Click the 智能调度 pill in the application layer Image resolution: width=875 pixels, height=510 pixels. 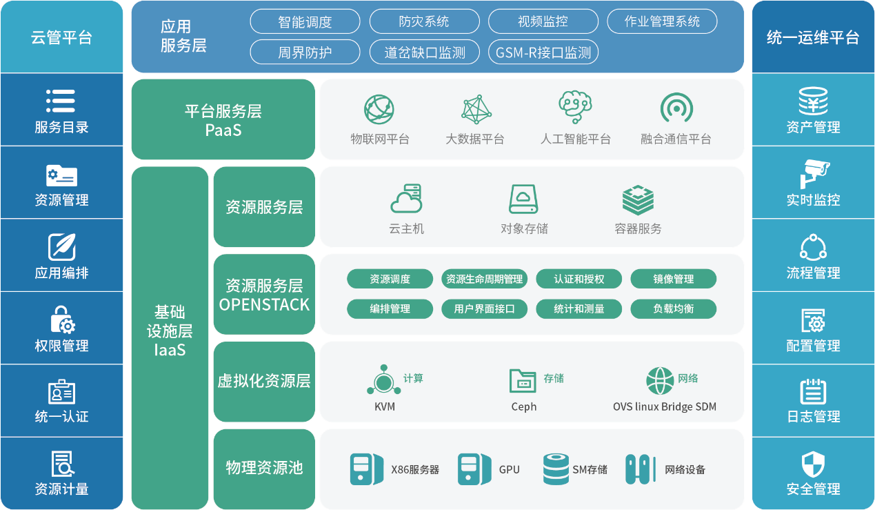pyautogui.click(x=305, y=21)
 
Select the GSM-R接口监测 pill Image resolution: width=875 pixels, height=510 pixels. pyautogui.click(x=543, y=52)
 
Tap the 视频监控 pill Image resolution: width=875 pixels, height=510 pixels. pyautogui.click(x=543, y=21)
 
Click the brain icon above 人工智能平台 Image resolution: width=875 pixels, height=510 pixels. pyautogui.click(x=575, y=108)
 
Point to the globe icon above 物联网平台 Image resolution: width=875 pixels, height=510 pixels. pyautogui.click(x=380, y=109)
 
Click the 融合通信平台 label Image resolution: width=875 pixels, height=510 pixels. pyautogui.click(x=676, y=139)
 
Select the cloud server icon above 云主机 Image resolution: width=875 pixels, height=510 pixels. pyautogui.click(x=406, y=199)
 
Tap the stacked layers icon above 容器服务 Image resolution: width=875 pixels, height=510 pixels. pyautogui.click(x=638, y=199)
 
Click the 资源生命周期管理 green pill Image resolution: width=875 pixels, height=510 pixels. pyautogui.click(x=485, y=279)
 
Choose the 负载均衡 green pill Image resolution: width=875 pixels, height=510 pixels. pyautogui.click(x=673, y=309)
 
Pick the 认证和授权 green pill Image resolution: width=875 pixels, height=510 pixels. pyautogui.click(x=579, y=279)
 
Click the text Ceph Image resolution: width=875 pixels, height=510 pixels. pyautogui.click(x=524, y=406)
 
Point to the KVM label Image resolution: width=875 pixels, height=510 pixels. pyautogui.click(x=385, y=406)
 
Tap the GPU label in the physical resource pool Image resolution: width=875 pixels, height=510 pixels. pyautogui.click(x=510, y=470)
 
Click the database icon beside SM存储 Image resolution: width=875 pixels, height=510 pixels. pyautogui.click(x=556, y=469)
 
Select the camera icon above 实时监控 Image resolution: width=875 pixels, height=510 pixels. pyautogui.click(x=814, y=173)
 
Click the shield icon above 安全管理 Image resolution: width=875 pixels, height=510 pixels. pyautogui.click(x=814, y=464)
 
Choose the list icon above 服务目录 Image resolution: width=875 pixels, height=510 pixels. pyautogui.click(x=61, y=101)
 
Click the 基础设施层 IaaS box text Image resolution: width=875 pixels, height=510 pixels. pyautogui.click(x=170, y=331)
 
